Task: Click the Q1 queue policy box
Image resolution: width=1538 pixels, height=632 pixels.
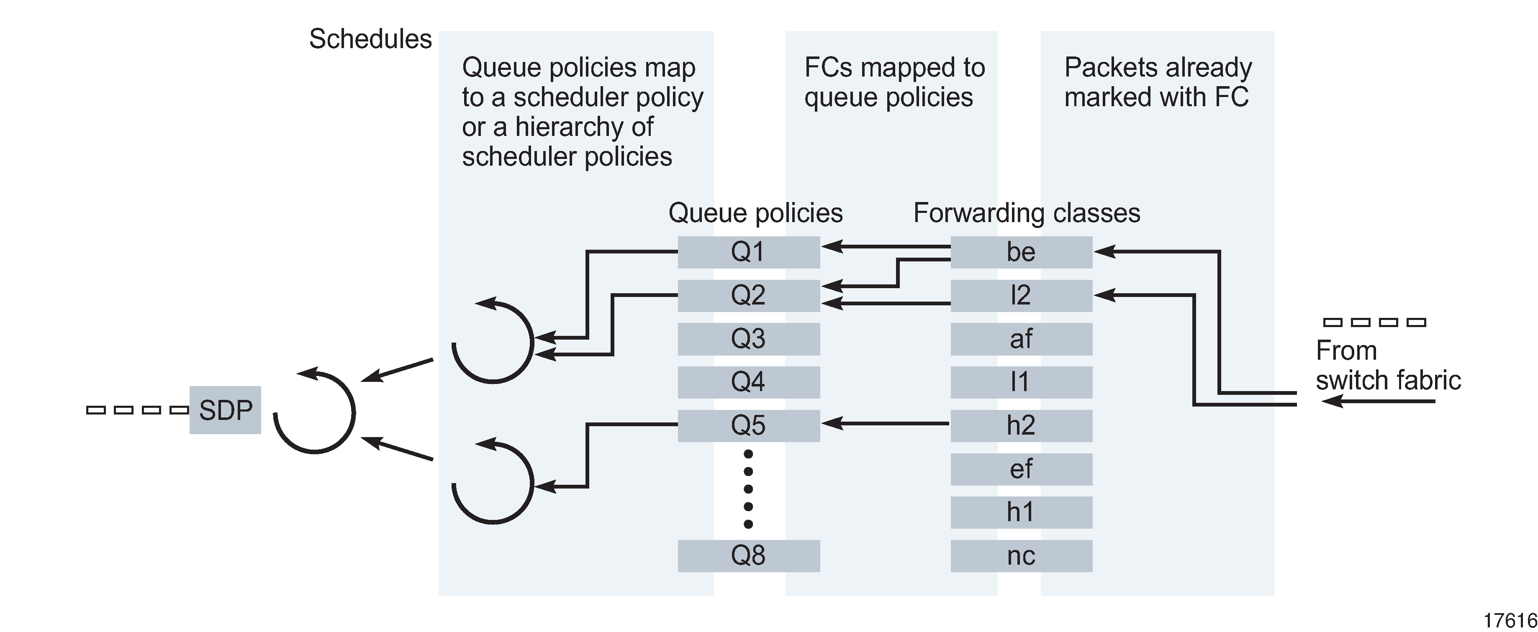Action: point(748,252)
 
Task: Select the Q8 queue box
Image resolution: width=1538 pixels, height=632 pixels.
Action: point(748,555)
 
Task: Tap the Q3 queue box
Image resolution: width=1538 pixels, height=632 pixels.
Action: point(748,339)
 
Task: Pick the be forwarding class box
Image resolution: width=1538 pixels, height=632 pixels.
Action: point(1021,252)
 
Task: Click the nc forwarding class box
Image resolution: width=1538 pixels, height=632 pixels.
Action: point(1021,555)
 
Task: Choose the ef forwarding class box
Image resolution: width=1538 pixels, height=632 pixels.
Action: point(1021,469)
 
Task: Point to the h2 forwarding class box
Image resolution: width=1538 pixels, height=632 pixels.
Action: point(1021,425)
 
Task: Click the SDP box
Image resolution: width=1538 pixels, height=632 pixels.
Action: point(225,410)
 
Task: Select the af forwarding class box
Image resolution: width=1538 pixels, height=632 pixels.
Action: point(1021,339)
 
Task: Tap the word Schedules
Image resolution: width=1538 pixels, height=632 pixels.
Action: point(370,39)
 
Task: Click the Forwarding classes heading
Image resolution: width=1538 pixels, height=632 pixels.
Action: point(1026,213)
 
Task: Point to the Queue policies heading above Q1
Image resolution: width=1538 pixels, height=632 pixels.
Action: point(755,213)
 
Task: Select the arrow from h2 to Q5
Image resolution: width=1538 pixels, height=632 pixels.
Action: point(887,424)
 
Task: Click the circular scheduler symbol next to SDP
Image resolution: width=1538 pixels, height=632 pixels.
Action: point(315,412)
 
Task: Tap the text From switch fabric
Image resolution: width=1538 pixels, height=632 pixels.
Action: point(1387,365)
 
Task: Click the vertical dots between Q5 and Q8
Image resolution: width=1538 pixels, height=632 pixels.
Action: point(748,489)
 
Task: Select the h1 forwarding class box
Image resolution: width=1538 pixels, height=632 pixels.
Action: point(1021,512)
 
